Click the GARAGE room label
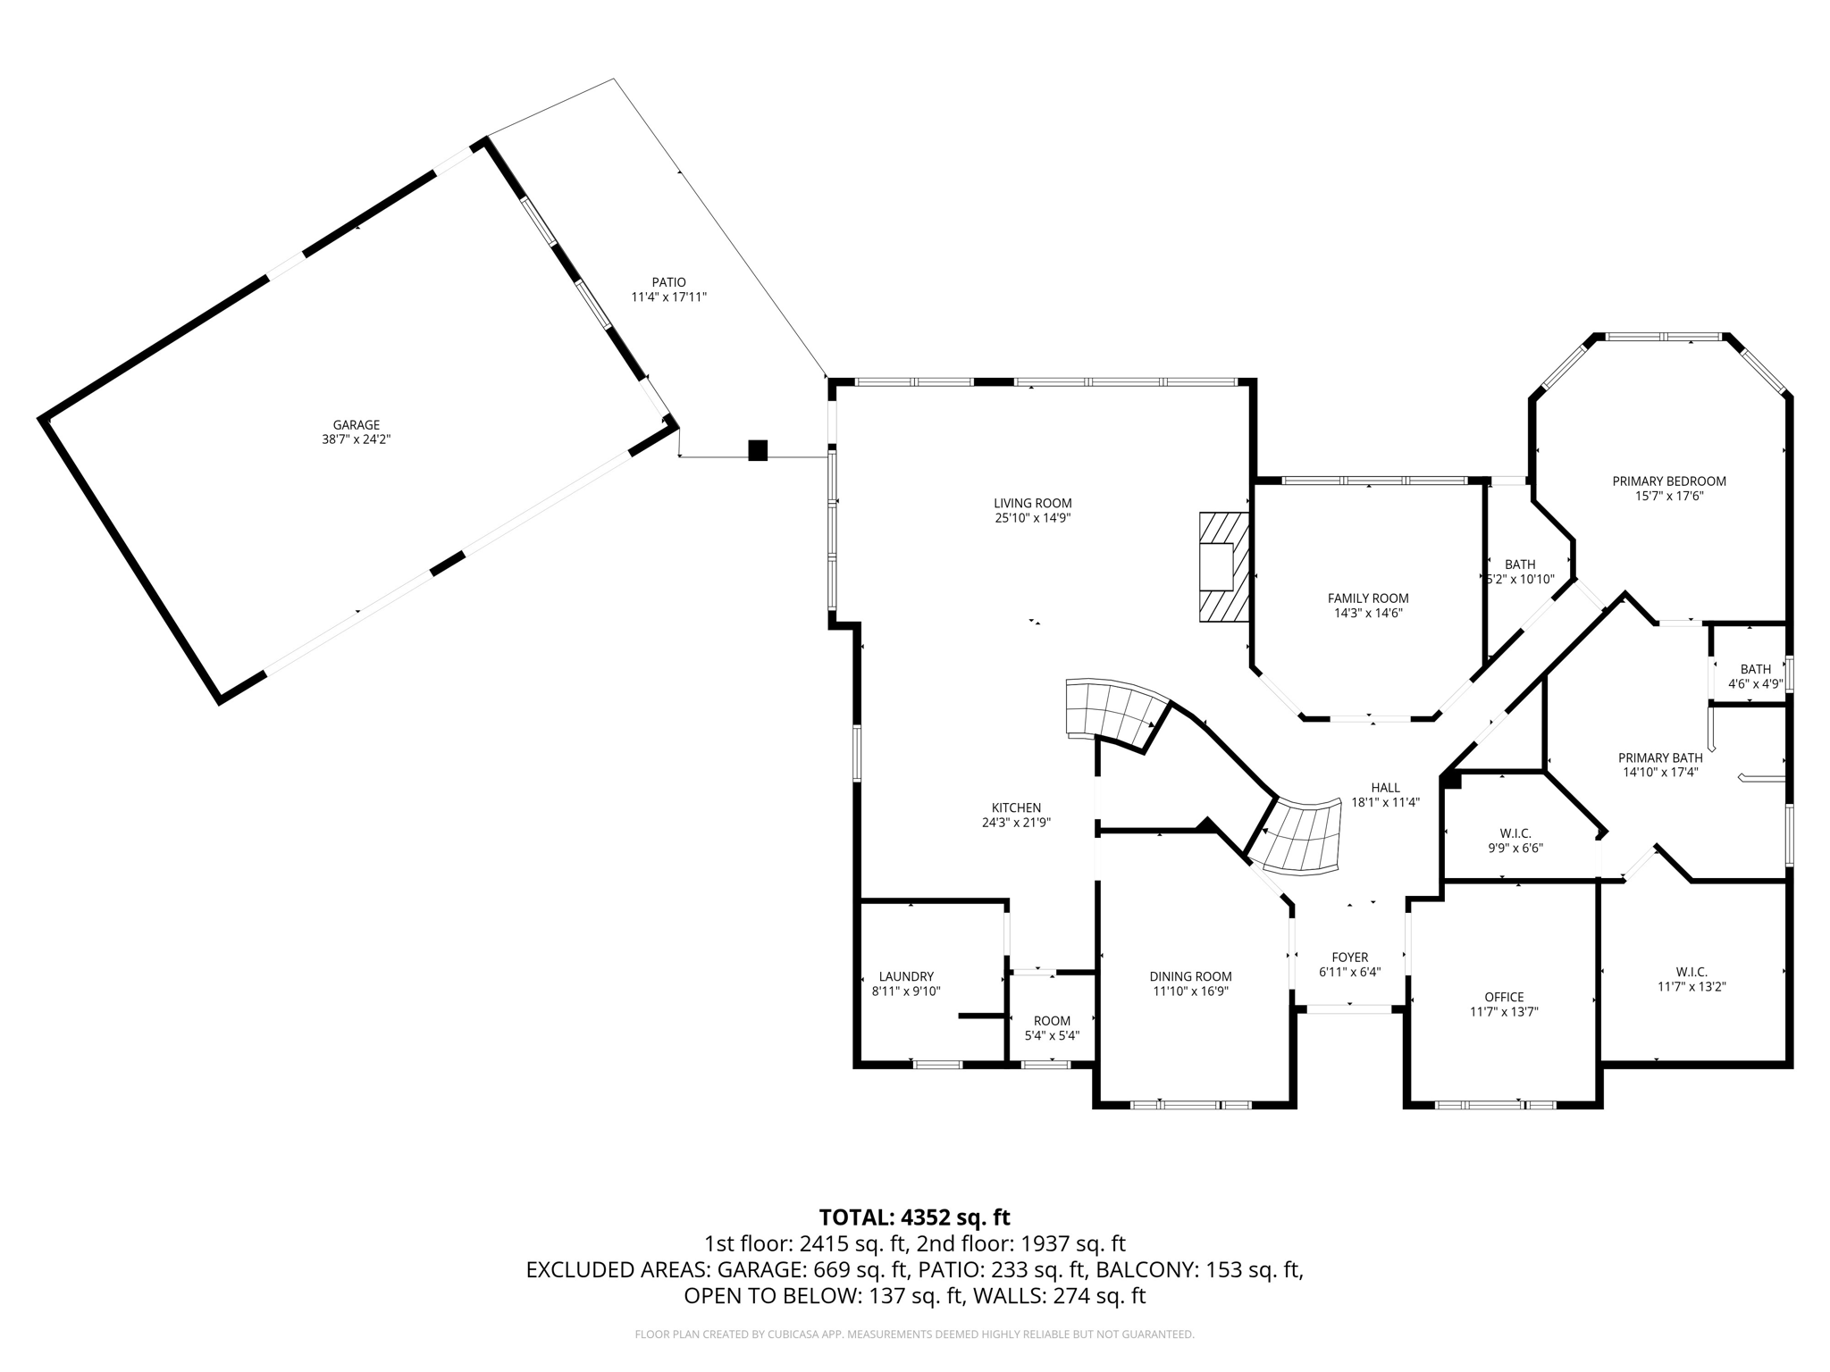[357, 425]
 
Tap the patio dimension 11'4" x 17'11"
[668, 297]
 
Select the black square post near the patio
[757, 450]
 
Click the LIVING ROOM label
[1032, 503]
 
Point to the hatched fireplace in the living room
[1221, 566]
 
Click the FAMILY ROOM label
[1367, 598]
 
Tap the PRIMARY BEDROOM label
[1668, 481]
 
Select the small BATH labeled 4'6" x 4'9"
[1755, 676]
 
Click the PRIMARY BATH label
[1660, 757]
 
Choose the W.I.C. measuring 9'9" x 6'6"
[1515, 841]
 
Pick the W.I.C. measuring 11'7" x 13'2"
[1691, 979]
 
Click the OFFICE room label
[1504, 997]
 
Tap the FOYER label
[1349, 958]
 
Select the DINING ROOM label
[1190, 976]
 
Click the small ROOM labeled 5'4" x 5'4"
[1052, 1028]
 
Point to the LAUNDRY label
[906, 976]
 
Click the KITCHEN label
[1016, 807]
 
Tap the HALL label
[1385, 787]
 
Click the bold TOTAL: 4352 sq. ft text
[914, 1217]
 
